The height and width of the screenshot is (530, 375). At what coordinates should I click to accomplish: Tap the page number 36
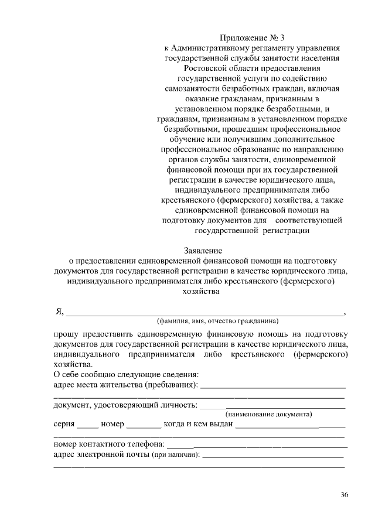(x=345, y=495)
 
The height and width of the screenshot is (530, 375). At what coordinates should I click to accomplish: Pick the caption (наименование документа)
(x=269, y=414)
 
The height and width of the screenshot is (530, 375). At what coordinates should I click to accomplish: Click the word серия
(x=64, y=424)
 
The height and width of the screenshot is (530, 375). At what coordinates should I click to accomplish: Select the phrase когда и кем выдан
(x=199, y=424)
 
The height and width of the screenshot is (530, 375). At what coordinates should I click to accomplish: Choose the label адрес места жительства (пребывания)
(x=125, y=385)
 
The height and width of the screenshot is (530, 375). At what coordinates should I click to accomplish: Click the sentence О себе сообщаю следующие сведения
(x=125, y=374)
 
